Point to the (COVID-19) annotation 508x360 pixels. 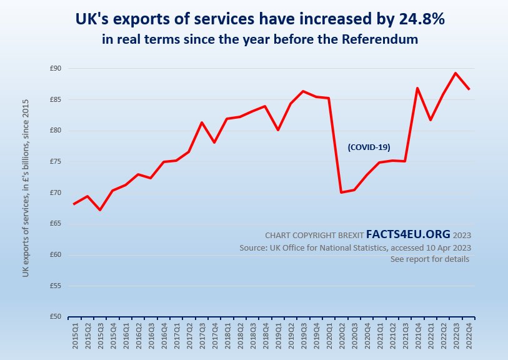pos(369,147)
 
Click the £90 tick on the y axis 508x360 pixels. pos(56,68)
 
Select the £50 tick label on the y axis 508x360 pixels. pos(56,317)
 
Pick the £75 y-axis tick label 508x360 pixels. pos(56,161)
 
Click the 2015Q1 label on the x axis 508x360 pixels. pos(74,338)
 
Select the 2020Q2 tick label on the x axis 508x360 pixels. pos(342,338)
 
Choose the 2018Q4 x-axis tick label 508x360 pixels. pos(265,338)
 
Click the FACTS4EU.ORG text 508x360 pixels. pos(407,234)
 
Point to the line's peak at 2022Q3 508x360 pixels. pos(455,73)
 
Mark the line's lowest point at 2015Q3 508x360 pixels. pos(100,209)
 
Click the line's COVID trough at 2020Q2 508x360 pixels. pos(341,192)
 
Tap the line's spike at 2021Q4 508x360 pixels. pos(417,88)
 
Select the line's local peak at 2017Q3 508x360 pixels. pos(202,122)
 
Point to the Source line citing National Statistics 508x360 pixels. pos(355,247)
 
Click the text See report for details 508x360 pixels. pos(429,259)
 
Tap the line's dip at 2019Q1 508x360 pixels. pos(278,130)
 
